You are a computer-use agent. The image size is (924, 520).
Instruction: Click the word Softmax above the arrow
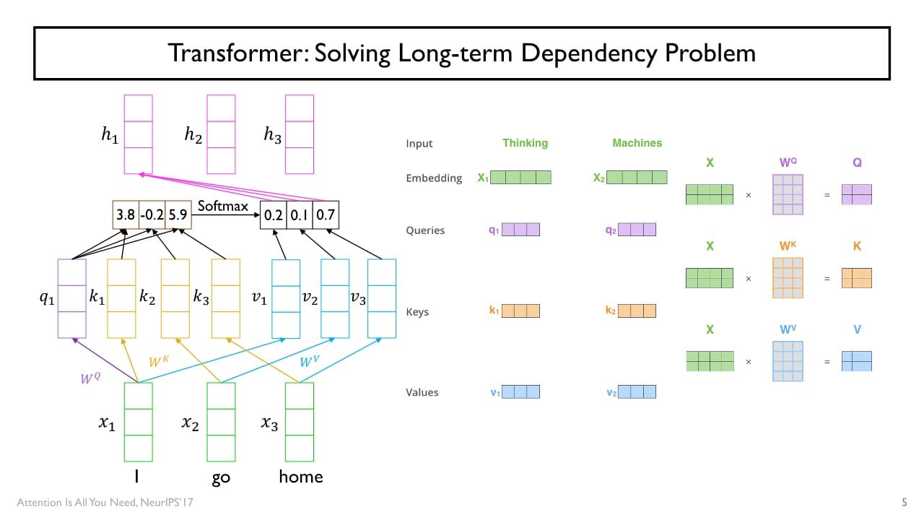tap(223, 207)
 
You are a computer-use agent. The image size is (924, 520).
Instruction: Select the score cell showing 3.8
tap(126, 214)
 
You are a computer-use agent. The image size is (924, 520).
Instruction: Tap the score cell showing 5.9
tap(178, 214)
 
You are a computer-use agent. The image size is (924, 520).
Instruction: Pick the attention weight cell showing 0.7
tap(326, 214)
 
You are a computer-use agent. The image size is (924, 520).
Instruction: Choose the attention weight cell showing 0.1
tap(300, 214)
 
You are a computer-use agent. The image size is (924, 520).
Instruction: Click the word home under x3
tap(300, 477)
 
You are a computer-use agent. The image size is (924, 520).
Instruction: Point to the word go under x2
tap(221, 478)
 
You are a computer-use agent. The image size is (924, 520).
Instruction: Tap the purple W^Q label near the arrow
tap(90, 376)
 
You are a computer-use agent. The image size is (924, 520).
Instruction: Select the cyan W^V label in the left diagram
tap(310, 360)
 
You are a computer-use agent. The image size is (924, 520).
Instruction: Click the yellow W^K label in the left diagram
tap(159, 360)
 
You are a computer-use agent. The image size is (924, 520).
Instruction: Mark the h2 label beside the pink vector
tap(193, 135)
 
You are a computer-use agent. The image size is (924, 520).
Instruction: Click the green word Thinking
tap(525, 143)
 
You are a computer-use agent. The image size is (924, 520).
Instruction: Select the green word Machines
tap(637, 143)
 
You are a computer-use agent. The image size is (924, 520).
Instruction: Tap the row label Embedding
tap(434, 178)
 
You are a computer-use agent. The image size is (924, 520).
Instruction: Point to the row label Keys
tap(417, 312)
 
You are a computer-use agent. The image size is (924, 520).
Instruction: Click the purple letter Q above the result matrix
tap(857, 163)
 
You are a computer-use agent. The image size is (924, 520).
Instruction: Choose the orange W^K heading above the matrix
tap(788, 246)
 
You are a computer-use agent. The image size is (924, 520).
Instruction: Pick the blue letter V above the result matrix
tap(857, 330)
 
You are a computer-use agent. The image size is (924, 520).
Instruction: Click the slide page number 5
tap(905, 501)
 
